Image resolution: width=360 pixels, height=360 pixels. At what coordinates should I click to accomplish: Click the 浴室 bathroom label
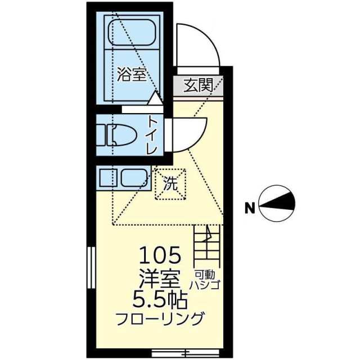pyautogui.click(x=132, y=75)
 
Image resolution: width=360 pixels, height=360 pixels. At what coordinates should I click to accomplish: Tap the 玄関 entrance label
pyautogui.click(x=198, y=85)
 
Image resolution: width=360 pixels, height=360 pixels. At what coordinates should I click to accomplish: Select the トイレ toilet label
pyautogui.click(x=152, y=135)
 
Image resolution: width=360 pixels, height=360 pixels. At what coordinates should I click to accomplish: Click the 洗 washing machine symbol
pyautogui.click(x=170, y=183)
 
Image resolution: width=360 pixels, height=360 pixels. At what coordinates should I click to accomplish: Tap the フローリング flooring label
pyautogui.click(x=160, y=319)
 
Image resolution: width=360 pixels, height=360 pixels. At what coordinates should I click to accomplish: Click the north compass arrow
pyautogui.click(x=278, y=202)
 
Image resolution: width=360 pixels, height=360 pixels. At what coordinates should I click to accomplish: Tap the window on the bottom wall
pyautogui.click(x=169, y=353)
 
